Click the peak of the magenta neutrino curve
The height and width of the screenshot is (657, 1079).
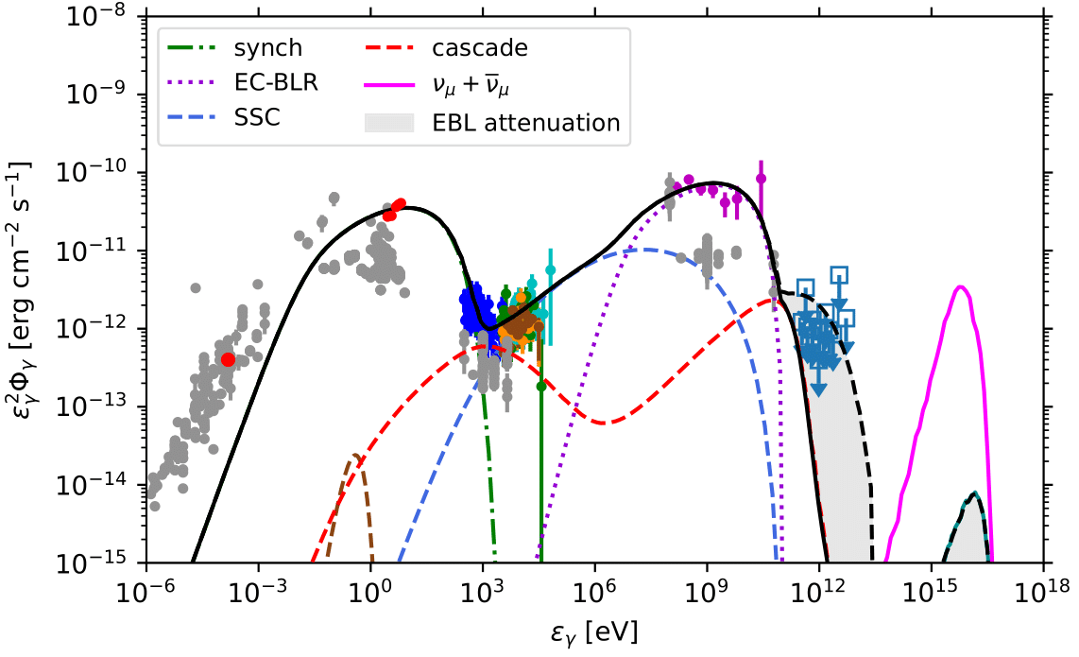pos(961,286)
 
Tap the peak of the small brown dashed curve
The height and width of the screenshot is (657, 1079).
pos(355,456)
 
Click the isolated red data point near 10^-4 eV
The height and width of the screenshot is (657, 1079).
pos(228,359)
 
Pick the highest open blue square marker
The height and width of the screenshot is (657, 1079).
pos(839,275)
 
